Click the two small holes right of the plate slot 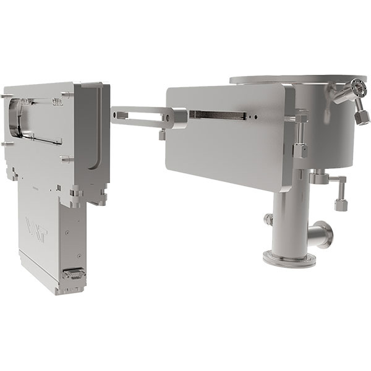[x=252, y=116]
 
